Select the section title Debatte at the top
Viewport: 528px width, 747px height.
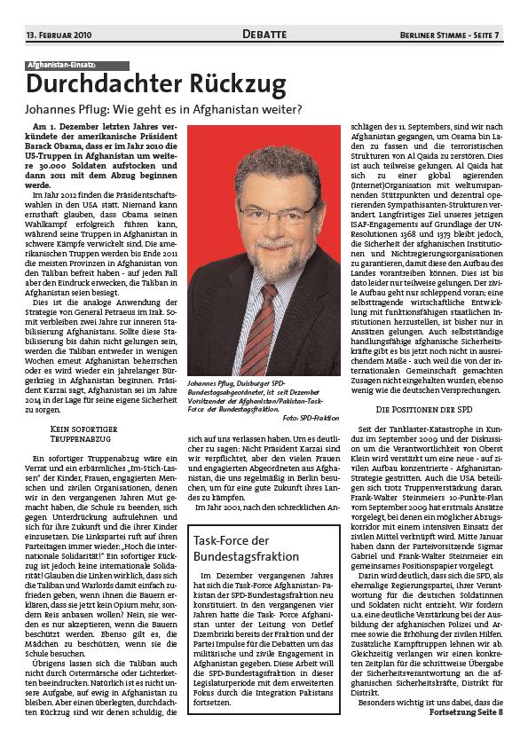[x=264, y=35]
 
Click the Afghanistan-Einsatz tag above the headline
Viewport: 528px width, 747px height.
[x=77, y=66]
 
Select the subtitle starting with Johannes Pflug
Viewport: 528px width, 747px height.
[x=163, y=110]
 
